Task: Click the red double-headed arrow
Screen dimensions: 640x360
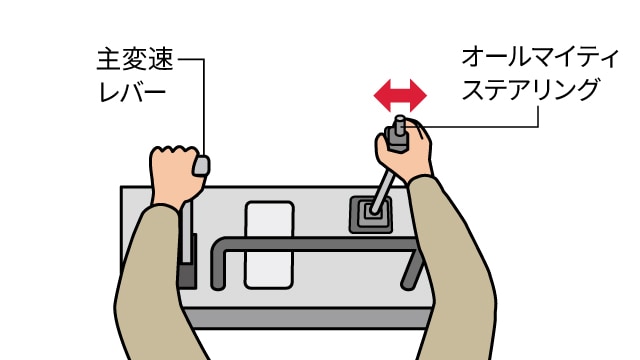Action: (x=400, y=96)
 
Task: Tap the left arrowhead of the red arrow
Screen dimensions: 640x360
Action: (x=382, y=96)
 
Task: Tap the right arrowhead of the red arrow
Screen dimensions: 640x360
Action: (x=418, y=96)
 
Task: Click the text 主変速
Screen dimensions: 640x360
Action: (x=136, y=60)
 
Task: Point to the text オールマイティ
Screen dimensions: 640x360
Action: (x=541, y=58)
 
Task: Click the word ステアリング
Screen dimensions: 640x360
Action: (x=531, y=90)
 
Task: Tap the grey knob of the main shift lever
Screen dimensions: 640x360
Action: (x=201, y=166)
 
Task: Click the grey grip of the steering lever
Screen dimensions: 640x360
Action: (x=396, y=140)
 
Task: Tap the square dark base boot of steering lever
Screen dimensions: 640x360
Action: (x=371, y=215)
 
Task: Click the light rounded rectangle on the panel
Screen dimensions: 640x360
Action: (x=269, y=245)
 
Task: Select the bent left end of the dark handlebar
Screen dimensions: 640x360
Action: (x=219, y=263)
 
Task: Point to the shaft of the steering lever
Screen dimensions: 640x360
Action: (x=382, y=192)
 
